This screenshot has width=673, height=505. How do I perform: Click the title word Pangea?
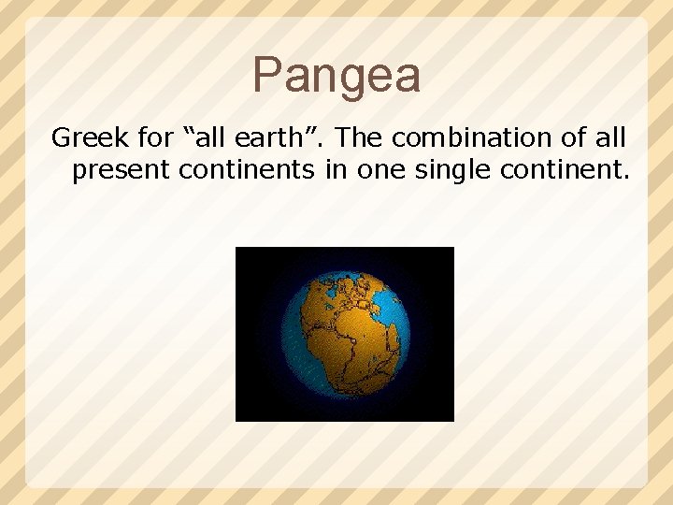(x=336, y=75)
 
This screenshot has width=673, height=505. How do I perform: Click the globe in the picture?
(x=346, y=334)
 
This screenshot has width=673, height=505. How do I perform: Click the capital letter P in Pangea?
(x=268, y=75)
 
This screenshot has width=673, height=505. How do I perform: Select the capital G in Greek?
(x=61, y=138)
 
